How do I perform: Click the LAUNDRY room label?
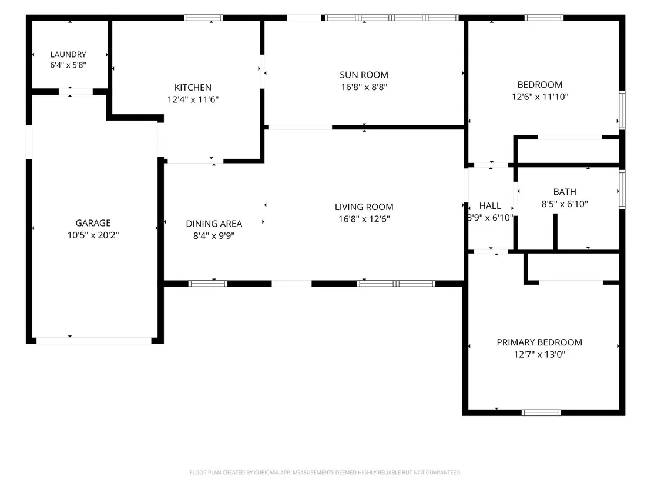pos(68,55)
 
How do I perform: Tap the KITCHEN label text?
pos(193,87)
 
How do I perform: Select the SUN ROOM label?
pos(364,75)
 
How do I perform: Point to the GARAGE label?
pos(93,223)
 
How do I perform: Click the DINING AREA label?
pos(214,224)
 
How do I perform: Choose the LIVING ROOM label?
pos(364,207)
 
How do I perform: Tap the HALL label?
pos(490,206)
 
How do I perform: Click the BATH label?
pos(565,192)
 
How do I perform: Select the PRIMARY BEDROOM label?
pos(539,342)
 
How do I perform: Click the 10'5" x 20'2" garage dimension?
pos(93,235)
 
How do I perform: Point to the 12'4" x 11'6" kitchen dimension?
pos(193,99)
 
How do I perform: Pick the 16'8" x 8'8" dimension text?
pos(364,87)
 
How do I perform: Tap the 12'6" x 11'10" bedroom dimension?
pos(540,97)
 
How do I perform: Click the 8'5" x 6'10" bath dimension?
pos(565,204)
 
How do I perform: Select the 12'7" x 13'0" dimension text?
pos(539,354)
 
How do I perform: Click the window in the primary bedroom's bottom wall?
pos(541,413)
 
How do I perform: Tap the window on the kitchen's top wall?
pos(203,18)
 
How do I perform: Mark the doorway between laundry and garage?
pos(76,91)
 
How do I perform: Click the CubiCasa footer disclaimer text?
pos(325,473)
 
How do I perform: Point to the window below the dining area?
pos(207,284)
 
